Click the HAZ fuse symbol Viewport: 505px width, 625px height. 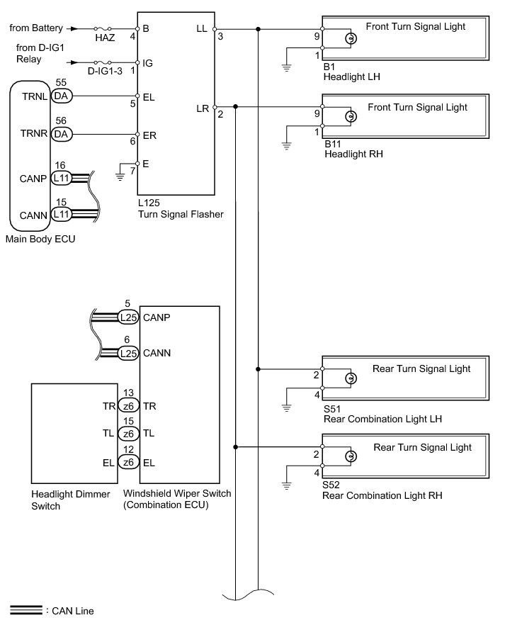[x=103, y=28]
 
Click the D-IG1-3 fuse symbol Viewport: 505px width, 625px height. [x=103, y=62]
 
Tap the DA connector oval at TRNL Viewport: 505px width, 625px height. [x=62, y=96]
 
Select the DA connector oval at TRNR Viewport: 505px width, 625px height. [x=62, y=134]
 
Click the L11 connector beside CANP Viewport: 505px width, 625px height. [x=62, y=178]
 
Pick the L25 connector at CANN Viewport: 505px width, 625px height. [x=128, y=353]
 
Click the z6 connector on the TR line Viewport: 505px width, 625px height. [x=128, y=406]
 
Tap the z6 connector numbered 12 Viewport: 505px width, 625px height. [x=128, y=462]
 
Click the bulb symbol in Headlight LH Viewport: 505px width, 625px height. [x=351, y=39]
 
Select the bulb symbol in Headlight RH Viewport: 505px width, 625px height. [x=351, y=116]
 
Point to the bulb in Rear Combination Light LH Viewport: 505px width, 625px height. [x=351, y=378]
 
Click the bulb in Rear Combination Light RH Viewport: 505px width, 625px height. [x=351, y=456]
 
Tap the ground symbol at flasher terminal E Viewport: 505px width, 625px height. [x=120, y=176]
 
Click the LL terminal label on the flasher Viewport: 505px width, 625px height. [x=202, y=28]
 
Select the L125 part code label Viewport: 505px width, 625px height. [x=149, y=203]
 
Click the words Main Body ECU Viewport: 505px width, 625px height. [x=40, y=240]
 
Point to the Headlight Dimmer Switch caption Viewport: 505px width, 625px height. [x=71, y=500]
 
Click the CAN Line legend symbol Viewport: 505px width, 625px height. [x=26, y=610]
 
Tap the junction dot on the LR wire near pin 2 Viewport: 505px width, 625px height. [x=235, y=107]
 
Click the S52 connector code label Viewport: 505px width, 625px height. [x=331, y=485]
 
